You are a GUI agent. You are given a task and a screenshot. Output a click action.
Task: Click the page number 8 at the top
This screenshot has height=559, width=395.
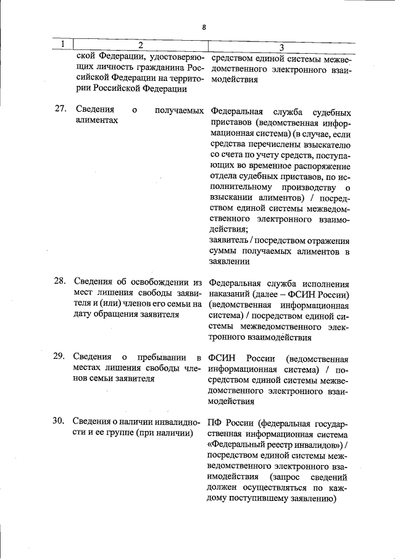(203, 27)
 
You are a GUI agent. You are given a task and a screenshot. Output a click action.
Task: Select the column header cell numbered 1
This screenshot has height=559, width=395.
(62, 46)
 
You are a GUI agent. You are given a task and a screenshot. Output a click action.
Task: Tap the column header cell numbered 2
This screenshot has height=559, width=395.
(140, 46)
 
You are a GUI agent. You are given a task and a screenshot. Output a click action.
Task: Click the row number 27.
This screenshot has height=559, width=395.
(60, 110)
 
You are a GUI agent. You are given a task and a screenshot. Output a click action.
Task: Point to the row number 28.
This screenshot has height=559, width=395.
(60, 281)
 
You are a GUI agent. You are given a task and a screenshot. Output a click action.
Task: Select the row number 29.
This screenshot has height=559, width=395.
(60, 356)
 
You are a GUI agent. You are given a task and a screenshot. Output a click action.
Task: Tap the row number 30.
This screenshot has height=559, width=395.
(60, 421)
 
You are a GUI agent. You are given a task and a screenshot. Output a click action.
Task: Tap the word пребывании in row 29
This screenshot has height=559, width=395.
(159, 357)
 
